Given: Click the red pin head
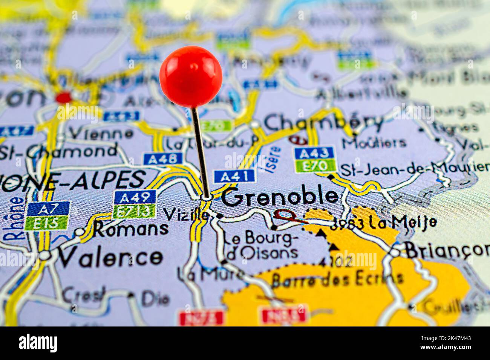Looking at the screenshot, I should (x=191, y=76).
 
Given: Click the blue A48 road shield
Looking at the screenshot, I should (x=163, y=159).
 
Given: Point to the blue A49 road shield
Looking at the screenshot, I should (x=135, y=197).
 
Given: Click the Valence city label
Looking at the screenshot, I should (x=110, y=257).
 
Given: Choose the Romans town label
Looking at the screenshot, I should (x=131, y=228).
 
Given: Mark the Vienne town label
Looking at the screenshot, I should (x=101, y=133).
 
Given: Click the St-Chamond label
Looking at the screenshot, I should (x=59, y=151).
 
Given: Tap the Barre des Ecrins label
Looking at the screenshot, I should (x=337, y=279).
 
